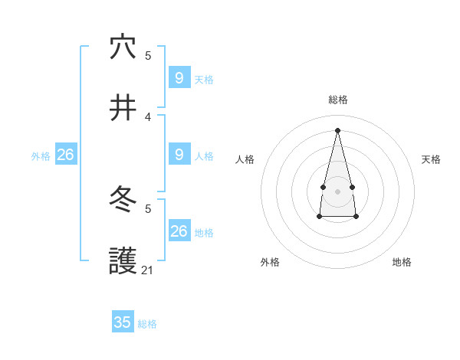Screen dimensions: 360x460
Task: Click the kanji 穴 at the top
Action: [x=123, y=47]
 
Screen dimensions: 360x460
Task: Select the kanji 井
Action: [x=123, y=107]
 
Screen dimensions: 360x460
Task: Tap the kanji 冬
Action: [x=123, y=201]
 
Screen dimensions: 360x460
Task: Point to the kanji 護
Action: [x=123, y=262]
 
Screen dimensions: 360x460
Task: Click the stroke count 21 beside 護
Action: [x=148, y=270]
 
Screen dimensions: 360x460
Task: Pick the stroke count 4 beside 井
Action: [x=148, y=116]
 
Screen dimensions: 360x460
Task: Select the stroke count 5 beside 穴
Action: [x=148, y=55]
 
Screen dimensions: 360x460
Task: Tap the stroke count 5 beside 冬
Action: [x=148, y=208]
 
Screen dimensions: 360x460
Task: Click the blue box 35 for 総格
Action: [x=123, y=322]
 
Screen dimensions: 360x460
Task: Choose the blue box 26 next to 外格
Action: [x=65, y=155]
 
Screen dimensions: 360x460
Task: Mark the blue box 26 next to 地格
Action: [x=179, y=231]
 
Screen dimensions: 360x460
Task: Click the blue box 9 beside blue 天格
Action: [x=179, y=78]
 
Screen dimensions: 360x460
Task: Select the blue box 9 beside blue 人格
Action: [x=179, y=155]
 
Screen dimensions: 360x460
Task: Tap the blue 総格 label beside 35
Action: [x=147, y=324]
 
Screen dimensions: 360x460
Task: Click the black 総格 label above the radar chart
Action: [x=338, y=100]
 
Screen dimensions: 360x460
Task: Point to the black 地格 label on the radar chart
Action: [x=402, y=262]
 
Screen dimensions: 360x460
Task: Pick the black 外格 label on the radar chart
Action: [x=270, y=262]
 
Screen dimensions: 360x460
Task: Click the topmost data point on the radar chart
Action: [x=337, y=129]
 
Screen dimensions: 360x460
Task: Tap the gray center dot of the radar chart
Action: [x=337, y=191]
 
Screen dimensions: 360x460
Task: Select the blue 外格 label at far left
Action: [x=41, y=156]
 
